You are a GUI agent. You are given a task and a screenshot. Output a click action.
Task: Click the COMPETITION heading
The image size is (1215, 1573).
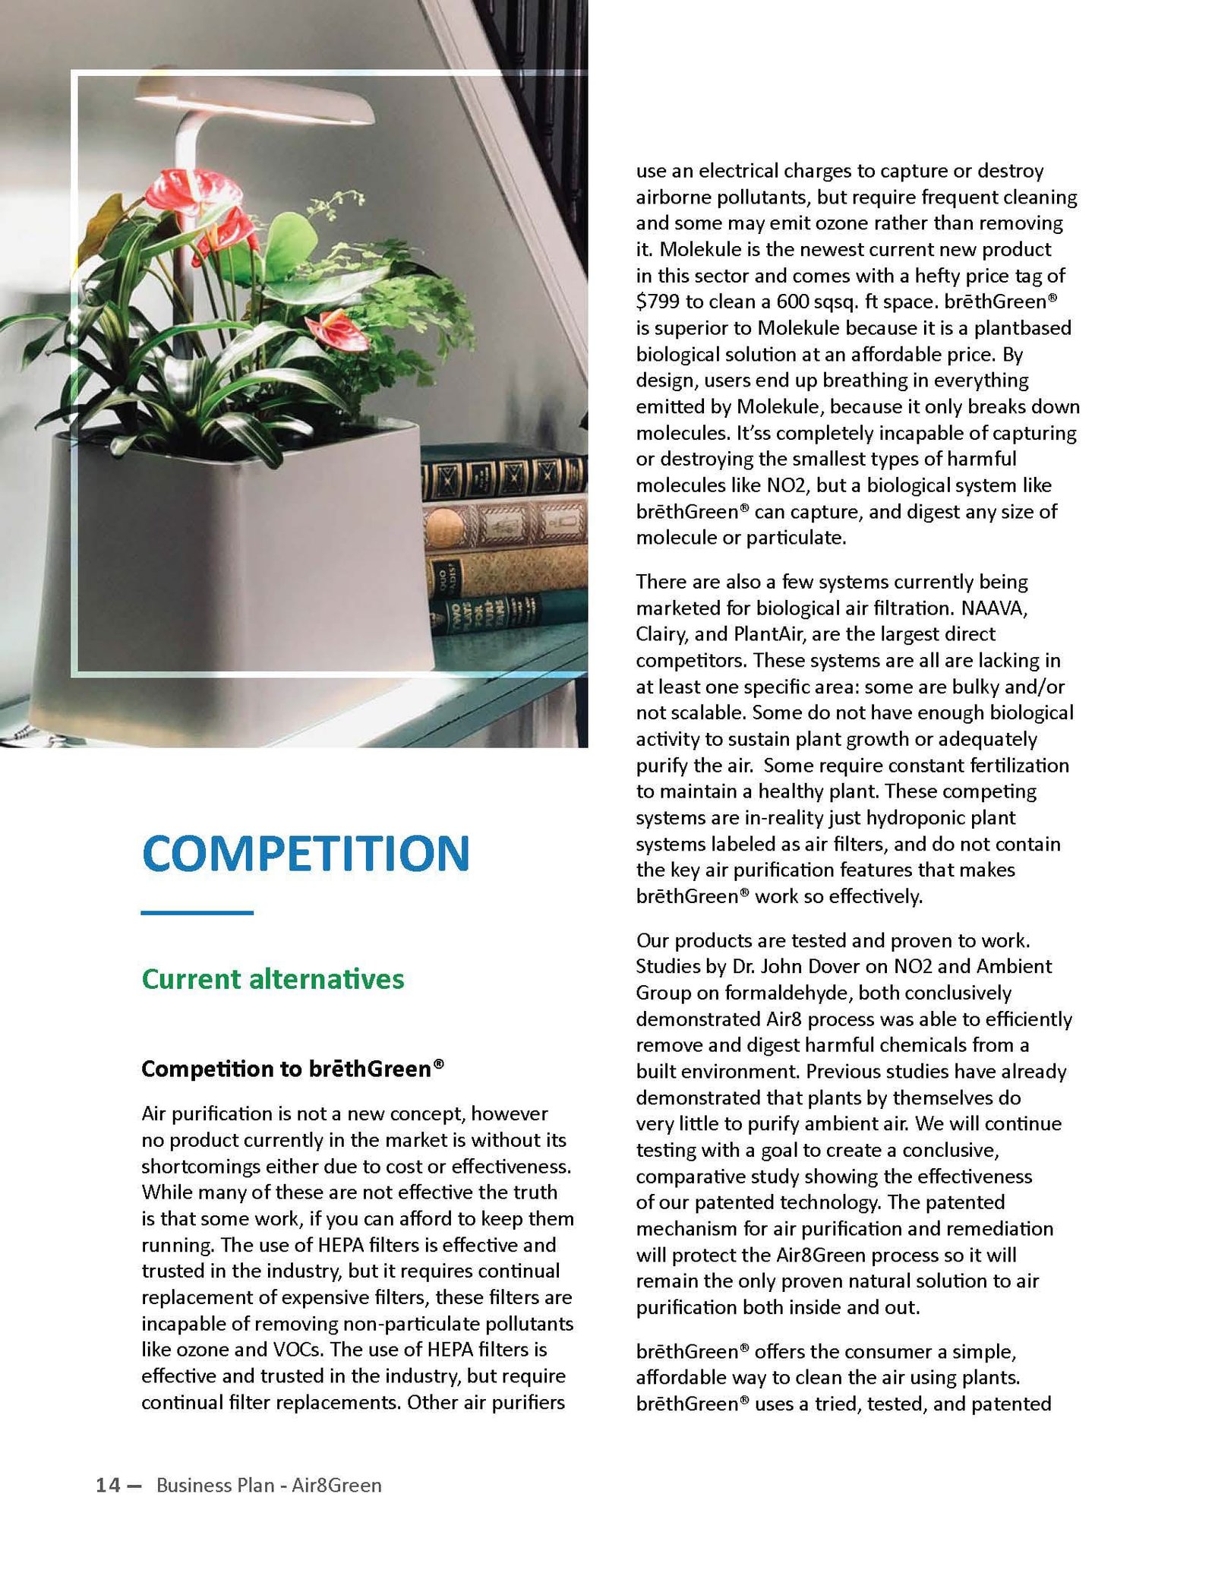click(305, 853)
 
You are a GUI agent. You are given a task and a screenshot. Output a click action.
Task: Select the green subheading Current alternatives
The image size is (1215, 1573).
click(273, 979)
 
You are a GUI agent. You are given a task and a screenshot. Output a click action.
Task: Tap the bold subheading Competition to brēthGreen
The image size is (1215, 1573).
click(292, 1069)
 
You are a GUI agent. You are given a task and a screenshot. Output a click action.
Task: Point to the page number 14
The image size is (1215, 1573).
click(108, 1485)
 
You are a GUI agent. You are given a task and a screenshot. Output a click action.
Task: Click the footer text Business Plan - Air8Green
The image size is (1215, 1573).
click(269, 1485)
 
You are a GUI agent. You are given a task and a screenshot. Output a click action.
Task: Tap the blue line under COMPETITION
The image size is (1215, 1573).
click(197, 912)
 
